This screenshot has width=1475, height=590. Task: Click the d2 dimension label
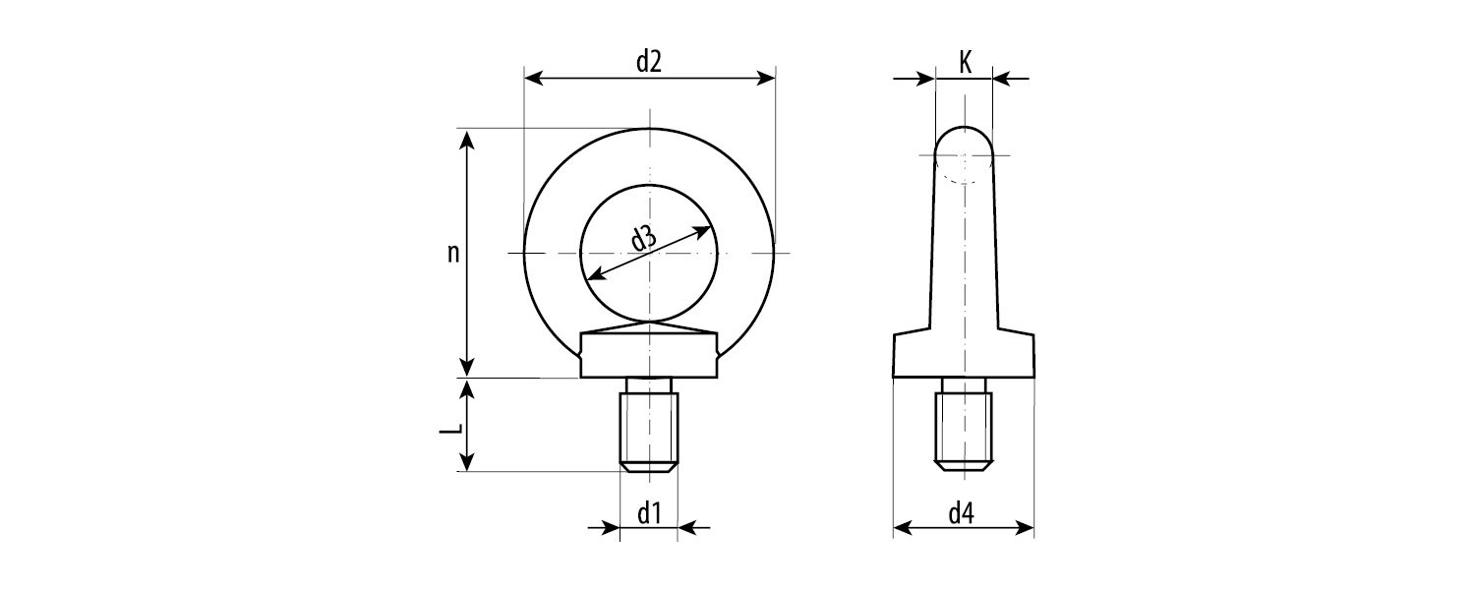point(649,61)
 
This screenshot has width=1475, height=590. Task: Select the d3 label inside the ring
point(644,238)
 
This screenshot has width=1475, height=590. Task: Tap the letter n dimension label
point(453,253)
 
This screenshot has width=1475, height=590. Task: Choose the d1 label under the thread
point(649,513)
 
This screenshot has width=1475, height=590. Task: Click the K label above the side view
point(965,63)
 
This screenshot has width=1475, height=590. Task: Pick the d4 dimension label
point(962,513)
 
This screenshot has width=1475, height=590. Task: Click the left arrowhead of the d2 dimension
point(533,79)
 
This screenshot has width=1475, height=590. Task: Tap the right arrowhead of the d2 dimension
point(765,79)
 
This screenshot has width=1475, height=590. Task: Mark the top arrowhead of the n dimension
point(467,140)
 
